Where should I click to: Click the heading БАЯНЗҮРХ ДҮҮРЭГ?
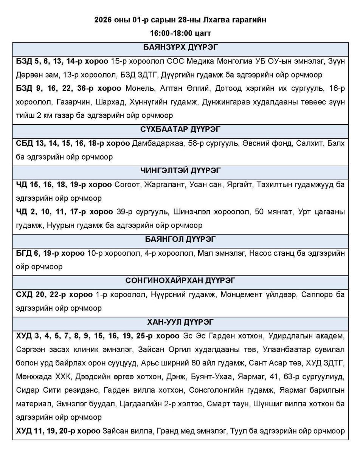point(180,47)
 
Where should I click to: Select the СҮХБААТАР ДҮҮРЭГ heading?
point(180,129)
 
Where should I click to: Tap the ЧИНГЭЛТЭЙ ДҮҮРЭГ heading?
point(180,171)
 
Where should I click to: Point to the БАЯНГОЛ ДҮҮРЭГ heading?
point(180,239)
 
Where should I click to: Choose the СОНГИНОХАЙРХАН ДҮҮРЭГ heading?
point(180,281)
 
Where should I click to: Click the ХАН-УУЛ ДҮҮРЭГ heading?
point(180,322)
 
